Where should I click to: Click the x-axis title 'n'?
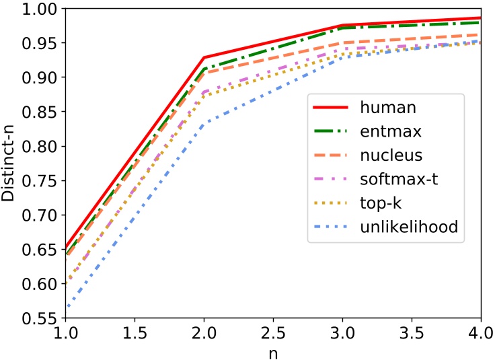[x=273, y=351]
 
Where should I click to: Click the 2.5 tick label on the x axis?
[x=273, y=332]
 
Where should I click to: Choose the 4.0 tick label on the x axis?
[x=480, y=332]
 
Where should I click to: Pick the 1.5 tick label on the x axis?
[x=135, y=332]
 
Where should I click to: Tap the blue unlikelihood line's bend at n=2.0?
[x=204, y=123]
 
